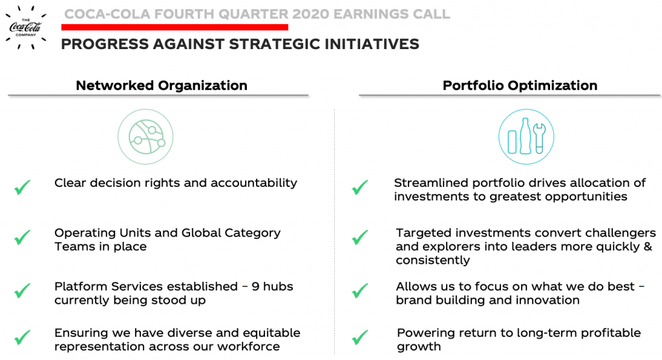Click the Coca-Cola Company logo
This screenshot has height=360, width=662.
coord(26,27)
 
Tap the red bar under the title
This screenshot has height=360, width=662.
coord(175,27)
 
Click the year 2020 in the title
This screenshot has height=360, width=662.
coord(310,14)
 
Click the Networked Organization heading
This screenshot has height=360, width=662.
coord(161,85)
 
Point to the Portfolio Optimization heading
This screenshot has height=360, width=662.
coord(520,85)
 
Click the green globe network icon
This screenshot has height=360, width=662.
coord(145,137)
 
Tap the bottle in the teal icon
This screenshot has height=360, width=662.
coord(525,136)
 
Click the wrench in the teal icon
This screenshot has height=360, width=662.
coord(539,138)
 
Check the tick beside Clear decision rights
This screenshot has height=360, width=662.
coord(23,187)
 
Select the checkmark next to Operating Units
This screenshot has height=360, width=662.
coord(23,237)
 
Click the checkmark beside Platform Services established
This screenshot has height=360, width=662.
coord(23,290)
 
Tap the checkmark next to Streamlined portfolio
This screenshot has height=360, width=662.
coord(359,187)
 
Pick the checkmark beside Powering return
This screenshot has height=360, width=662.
coord(359,337)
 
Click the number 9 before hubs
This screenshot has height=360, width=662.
coord(255,286)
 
